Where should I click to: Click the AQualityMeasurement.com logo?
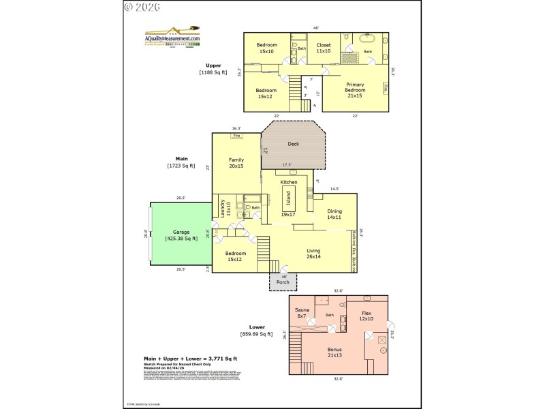172,38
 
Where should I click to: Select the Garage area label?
181,235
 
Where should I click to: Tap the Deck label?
293,144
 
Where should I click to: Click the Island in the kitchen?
288,198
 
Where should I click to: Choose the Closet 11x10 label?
323,48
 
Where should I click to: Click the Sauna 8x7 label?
302,312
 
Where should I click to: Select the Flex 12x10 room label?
366,316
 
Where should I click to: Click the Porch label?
282,282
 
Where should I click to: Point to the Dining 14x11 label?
334,214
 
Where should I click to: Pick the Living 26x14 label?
313,254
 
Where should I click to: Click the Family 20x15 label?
236,162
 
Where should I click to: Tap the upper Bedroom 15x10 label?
266,48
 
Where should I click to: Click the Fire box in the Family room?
236,136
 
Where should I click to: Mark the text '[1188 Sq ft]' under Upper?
213,72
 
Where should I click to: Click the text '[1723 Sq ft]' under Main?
181,166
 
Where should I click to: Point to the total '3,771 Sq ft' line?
180,359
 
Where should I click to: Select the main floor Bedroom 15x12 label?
236,256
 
